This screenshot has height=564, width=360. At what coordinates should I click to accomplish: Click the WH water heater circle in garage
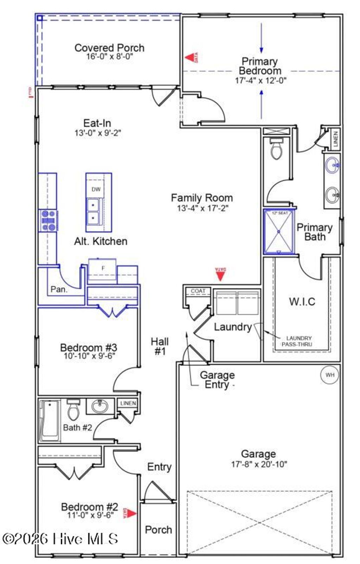[x=329, y=375]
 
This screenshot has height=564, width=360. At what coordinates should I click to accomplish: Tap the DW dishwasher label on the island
[x=96, y=189]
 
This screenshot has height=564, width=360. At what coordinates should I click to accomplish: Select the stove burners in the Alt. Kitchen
[x=48, y=220]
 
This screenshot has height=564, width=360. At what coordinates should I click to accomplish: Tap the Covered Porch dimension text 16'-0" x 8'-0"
[x=109, y=57]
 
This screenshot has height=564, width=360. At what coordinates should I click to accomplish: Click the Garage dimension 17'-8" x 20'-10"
[x=259, y=464]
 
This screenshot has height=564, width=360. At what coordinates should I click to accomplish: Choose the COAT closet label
[x=198, y=291]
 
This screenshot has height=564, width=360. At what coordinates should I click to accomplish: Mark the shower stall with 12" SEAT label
[x=279, y=232]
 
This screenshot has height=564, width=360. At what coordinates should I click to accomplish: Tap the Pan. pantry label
[x=59, y=289]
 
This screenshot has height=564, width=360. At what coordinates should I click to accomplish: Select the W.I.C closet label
[x=302, y=301]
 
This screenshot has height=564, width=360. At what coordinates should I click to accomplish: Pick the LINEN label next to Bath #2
[x=128, y=403]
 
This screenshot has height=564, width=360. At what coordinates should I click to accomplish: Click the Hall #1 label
[x=160, y=346]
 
